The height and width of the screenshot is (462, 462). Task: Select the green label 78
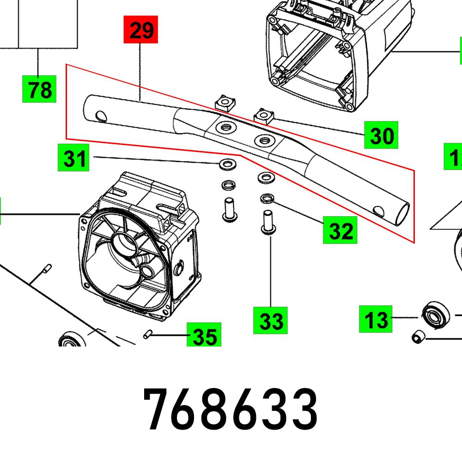pyautogui.click(x=39, y=89)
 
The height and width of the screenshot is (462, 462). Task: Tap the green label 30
pyautogui.click(x=381, y=135)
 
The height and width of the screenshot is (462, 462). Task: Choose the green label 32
pyautogui.click(x=340, y=230)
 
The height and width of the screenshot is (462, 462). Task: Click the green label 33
pyautogui.click(x=270, y=320)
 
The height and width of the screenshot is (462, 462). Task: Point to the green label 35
pyautogui.click(x=204, y=335)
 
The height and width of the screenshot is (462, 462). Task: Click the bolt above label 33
pyautogui.click(x=267, y=223)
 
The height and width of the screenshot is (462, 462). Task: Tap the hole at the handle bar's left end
pyautogui.click(x=98, y=114)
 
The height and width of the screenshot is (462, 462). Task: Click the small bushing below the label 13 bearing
pyautogui.click(x=418, y=338)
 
